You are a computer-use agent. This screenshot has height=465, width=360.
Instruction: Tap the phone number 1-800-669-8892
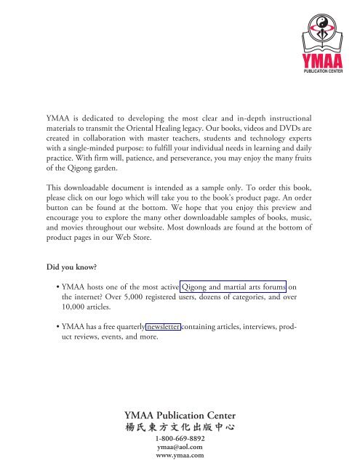click(180, 440)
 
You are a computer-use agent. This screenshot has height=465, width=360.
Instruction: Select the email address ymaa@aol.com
click(180, 448)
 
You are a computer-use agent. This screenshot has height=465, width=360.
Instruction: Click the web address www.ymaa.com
click(180, 457)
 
